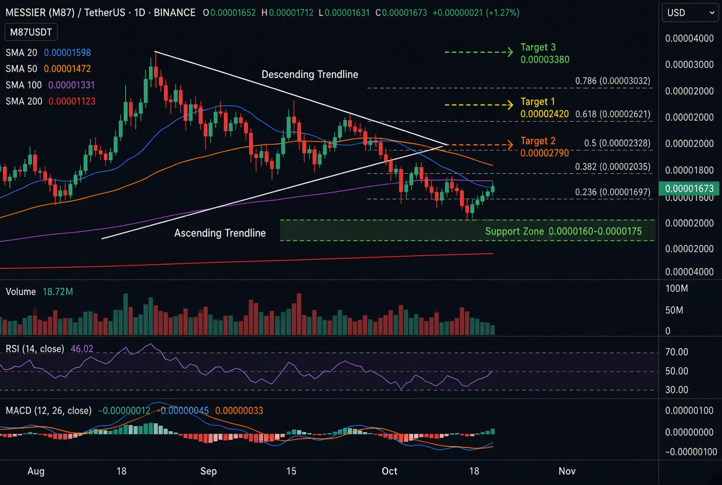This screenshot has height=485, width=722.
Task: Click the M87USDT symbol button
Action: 31,32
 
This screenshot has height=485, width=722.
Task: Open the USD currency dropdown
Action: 690,12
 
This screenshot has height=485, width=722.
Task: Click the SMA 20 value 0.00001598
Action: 67,53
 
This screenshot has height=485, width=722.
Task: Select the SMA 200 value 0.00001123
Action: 72,101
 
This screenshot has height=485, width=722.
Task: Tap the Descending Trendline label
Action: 310,74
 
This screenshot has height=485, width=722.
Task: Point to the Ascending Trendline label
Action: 219,233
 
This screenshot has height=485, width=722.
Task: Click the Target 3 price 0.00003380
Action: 545,59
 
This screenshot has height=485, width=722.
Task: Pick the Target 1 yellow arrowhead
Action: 510,105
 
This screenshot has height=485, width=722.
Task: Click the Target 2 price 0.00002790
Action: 545,153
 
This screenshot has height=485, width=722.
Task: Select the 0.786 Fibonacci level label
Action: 613,81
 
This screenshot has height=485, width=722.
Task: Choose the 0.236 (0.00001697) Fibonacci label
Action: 613,192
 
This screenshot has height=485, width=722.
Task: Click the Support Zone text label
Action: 563,231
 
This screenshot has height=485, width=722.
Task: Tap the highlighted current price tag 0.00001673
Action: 689,188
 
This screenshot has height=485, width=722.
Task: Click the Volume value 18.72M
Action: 57,291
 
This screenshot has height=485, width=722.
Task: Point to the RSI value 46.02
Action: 82,348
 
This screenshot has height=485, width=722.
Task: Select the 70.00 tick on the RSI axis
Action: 676,352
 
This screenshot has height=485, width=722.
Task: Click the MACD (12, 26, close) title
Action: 48,410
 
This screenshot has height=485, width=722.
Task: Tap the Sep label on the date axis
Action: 208,471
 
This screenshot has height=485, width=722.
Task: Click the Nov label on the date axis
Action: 567,471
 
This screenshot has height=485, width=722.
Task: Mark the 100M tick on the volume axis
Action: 676,289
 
